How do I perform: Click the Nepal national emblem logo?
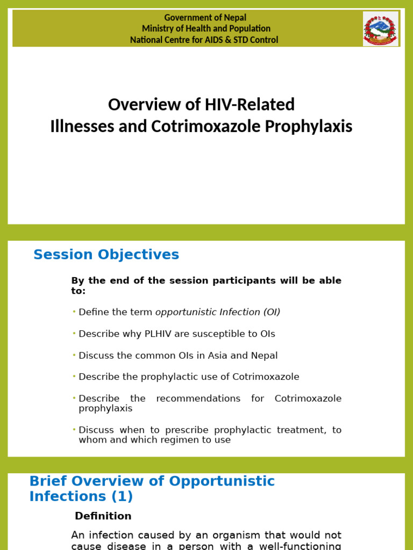click(x=381, y=28)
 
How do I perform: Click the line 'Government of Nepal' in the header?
click(x=205, y=18)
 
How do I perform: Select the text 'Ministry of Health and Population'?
click(x=206, y=28)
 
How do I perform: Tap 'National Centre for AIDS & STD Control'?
click(x=204, y=40)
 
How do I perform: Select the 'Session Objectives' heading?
click(x=106, y=255)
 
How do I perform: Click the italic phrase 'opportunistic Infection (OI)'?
click(x=218, y=312)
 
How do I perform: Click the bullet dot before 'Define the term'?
click(x=74, y=312)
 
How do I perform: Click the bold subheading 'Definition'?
click(x=103, y=516)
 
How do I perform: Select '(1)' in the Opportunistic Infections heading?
click(x=121, y=496)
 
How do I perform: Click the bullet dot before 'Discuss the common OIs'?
click(x=74, y=355)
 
